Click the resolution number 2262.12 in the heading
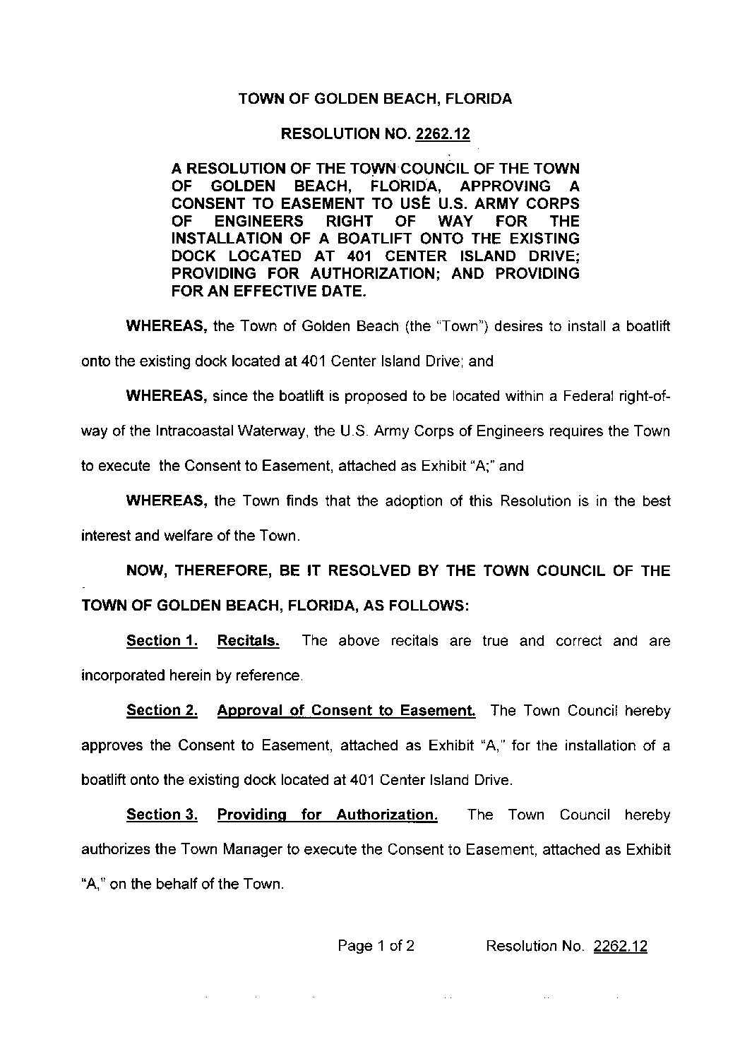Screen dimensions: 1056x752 click(x=443, y=134)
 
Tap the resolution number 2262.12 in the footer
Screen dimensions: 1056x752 click(x=621, y=947)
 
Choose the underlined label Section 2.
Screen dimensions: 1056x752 click(x=162, y=711)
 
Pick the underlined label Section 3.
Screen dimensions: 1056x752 click(x=162, y=815)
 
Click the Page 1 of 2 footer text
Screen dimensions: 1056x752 click(x=376, y=947)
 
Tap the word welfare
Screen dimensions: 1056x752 click(x=185, y=536)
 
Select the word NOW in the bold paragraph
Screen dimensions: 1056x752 click(x=146, y=571)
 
